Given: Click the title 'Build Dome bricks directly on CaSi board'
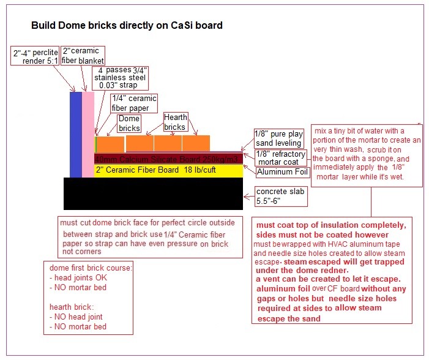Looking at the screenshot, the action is pos(127,26).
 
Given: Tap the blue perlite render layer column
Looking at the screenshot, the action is pos(76,135).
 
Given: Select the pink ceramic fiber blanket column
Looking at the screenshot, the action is pos(88,135).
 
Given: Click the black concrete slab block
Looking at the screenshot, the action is pos(153,193).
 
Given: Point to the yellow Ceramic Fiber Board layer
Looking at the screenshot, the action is pos(168,171).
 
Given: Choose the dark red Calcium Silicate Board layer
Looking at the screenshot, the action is pos(168,159).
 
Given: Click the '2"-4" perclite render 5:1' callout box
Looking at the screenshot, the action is pos(35,56).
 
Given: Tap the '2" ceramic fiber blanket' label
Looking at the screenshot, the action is pos(83,56).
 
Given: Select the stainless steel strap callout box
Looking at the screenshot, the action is pos(120,78).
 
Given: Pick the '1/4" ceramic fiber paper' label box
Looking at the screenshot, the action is pos(134,103).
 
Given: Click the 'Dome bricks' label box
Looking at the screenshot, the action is pos(129,124).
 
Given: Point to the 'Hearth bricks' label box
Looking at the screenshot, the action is pos(176,122).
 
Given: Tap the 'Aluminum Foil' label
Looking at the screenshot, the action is pos(283,172).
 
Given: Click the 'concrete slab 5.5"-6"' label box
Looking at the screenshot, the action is pos(281,197).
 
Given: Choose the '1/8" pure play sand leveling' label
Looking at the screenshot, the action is pos(279,138).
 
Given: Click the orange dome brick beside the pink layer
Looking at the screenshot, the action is pos(110,144).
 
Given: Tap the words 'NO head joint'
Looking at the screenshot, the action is pos(78,317).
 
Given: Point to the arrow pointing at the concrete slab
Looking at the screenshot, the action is pos(248,197).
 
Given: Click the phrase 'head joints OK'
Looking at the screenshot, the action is pos(81,277).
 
